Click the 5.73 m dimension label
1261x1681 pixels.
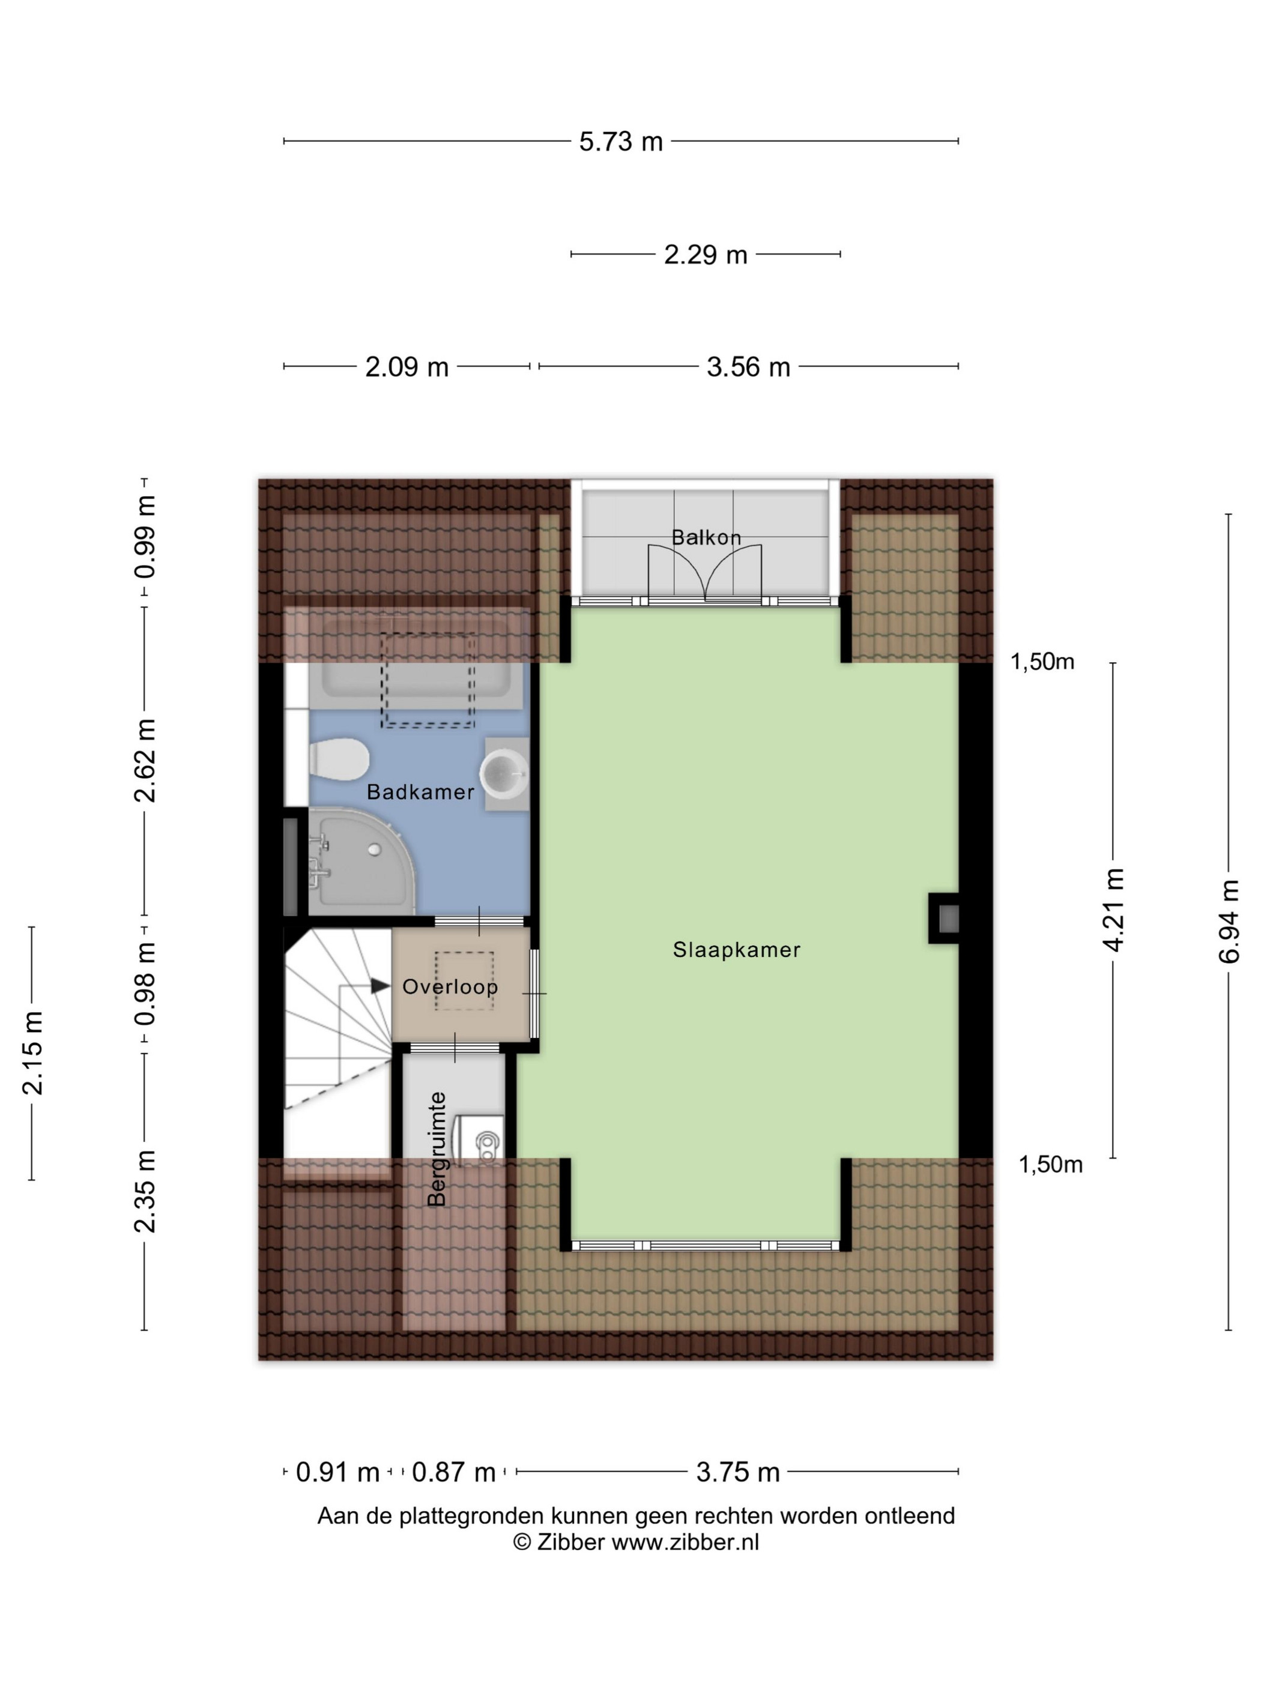tap(620, 141)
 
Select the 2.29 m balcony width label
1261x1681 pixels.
tap(706, 255)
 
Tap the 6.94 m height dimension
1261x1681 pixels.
tap(1229, 921)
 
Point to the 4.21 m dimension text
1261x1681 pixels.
tap(1113, 909)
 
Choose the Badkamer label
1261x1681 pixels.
tap(420, 792)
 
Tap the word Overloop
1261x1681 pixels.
tap(450, 986)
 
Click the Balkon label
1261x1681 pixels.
tap(706, 537)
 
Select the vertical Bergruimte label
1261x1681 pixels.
tap(437, 1149)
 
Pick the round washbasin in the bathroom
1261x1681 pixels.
tap(505, 773)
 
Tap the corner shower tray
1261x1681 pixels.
tap(362, 861)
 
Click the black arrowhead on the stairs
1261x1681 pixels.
tap(380, 986)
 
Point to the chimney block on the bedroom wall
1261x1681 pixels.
tap(944, 918)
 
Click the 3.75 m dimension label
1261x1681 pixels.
tap(737, 1472)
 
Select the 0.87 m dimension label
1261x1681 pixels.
tap(453, 1472)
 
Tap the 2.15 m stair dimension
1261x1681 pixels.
tap(32, 1052)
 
